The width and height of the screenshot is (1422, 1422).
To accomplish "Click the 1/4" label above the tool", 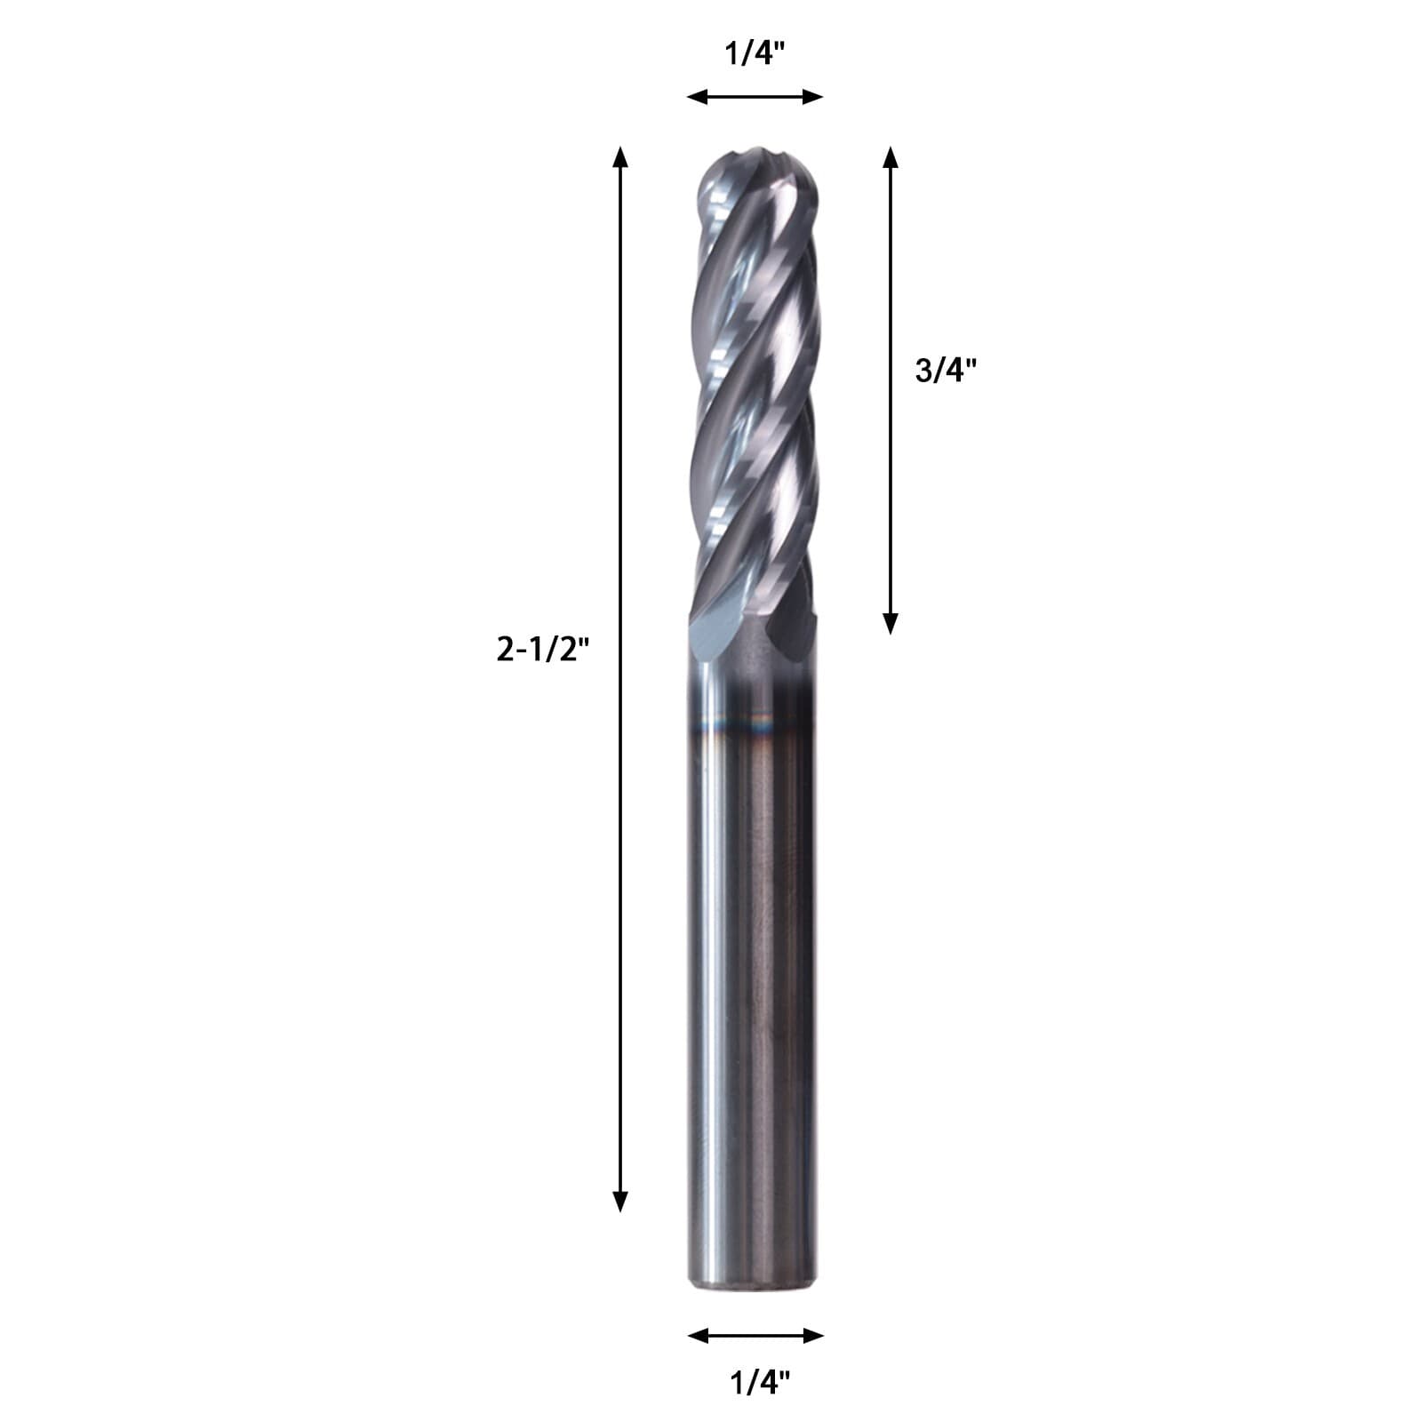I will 755,56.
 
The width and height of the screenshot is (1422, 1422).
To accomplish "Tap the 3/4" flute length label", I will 946,370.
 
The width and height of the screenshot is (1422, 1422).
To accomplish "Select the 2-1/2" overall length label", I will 543,651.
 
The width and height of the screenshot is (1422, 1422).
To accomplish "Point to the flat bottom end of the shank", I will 754,1301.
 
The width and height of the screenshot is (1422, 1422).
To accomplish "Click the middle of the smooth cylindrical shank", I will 754,978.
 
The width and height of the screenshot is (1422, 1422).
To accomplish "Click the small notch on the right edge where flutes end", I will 810,617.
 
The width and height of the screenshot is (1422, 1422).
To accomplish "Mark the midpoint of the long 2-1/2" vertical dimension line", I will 620,680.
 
